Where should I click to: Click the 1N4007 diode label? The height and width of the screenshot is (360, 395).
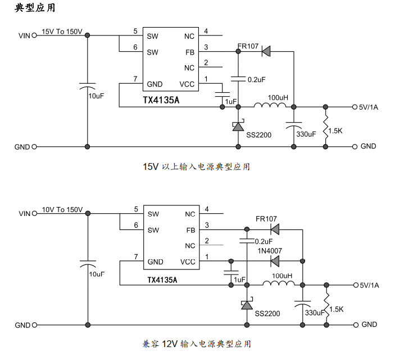tap(270, 251)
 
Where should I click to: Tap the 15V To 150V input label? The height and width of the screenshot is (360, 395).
tap(62, 31)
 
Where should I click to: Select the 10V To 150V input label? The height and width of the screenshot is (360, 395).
tap(62, 209)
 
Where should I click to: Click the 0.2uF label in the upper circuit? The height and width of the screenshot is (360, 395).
tap(256, 80)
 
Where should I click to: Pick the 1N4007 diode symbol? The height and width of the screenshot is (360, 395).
tap(275, 260)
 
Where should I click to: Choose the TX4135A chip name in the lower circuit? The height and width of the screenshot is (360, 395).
tap(162, 280)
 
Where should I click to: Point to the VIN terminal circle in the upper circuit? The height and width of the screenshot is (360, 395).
tap(34, 35)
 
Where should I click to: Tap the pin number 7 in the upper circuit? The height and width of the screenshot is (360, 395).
tap(135, 78)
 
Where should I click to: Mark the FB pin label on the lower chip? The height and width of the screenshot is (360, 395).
tap(190, 230)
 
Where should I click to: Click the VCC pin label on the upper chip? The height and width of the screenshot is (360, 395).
tap(187, 84)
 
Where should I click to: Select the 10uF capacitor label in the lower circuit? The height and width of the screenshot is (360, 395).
tap(97, 274)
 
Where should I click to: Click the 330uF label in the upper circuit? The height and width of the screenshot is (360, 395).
tap(306, 134)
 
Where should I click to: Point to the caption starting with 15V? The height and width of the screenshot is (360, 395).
tap(196, 166)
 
